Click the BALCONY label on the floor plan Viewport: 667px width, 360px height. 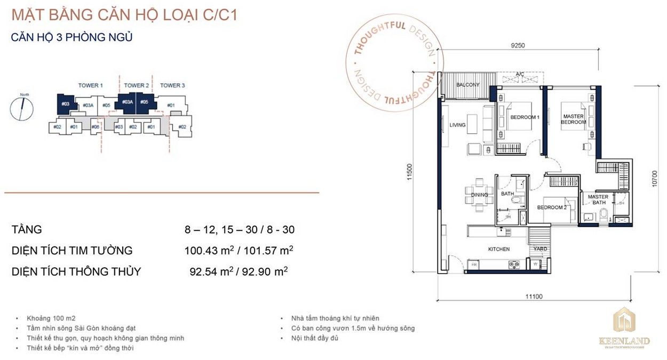point(468,85)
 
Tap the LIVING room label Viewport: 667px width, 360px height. point(457,125)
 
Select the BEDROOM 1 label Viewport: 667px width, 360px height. point(525,117)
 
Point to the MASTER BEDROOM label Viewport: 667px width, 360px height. point(573,119)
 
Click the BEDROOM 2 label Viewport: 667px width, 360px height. point(551,207)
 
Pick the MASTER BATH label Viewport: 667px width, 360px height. point(598,199)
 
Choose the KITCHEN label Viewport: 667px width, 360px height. point(499,249)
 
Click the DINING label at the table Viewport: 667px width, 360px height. point(480,195)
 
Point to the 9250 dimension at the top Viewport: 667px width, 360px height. point(518,46)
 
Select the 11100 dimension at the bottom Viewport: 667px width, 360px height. point(533,297)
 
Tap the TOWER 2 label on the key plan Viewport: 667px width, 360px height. point(136,85)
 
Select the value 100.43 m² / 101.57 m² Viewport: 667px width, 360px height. point(239,251)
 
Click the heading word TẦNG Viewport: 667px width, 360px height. point(27,230)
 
